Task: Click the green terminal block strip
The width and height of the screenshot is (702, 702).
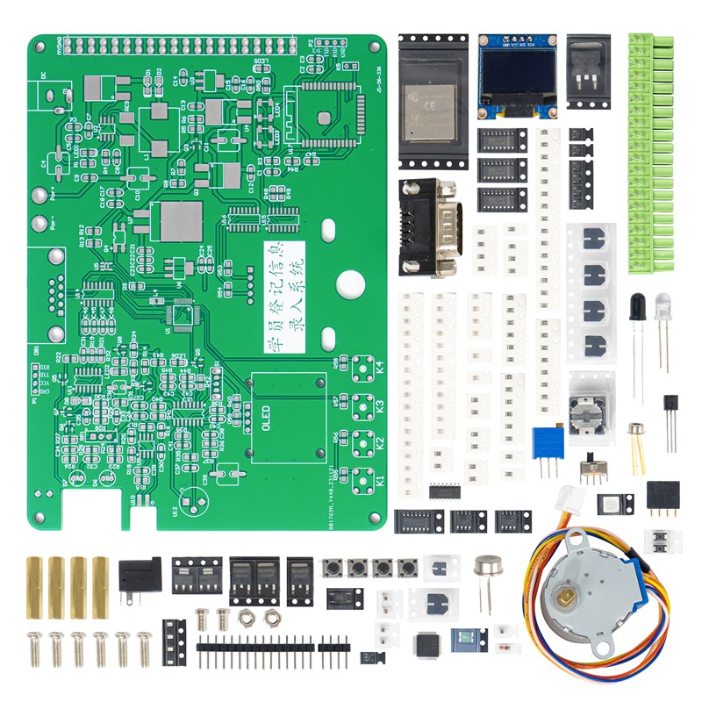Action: click(x=651, y=154)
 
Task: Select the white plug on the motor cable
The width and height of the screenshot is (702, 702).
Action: click(x=575, y=496)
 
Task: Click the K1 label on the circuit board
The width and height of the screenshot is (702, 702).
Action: click(x=380, y=481)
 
